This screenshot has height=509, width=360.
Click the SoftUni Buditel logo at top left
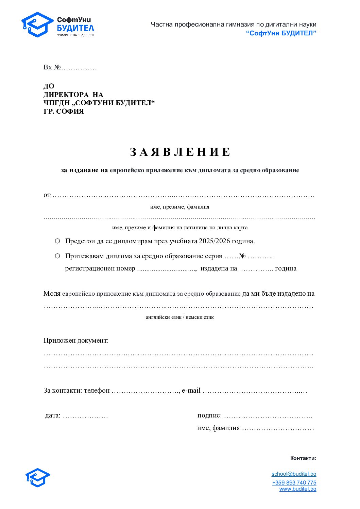tap(58, 25)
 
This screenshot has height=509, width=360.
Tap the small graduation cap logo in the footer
tap(38, 478)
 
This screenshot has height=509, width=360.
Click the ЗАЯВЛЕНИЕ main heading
tap(180, 152)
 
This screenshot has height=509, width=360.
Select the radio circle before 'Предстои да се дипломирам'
tap(57, 241)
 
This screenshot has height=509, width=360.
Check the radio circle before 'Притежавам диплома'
tap(57, 256)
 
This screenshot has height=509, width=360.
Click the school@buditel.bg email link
tap(294, 474)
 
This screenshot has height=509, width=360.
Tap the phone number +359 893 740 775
tap(294, 482)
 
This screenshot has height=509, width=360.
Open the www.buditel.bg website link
tap(297, 489)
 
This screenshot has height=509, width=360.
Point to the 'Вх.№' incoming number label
tap(52, 67)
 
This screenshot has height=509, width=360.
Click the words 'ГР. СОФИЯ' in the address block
tap(64, 112)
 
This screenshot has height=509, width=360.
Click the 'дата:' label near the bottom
tap(53, 415)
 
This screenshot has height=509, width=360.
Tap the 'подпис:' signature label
tap(209, 415)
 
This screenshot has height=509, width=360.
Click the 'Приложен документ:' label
tap(76, 341)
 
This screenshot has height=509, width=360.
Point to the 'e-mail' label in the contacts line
tap(191, 391)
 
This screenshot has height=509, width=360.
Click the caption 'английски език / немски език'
tap(179, 317)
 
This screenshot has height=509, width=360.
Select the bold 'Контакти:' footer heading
tap(303, 458)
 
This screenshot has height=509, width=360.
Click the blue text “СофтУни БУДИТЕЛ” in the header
tap(281, 33)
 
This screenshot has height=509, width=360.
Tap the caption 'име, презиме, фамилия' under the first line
tap(179, 207)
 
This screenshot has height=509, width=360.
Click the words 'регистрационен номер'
tap(100, 268)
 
